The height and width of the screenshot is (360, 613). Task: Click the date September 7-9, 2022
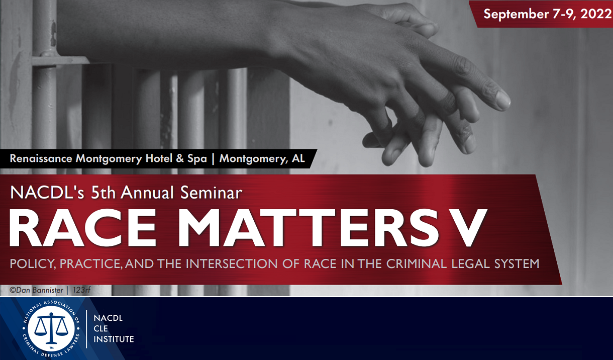547,14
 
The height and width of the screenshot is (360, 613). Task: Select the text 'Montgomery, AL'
262,159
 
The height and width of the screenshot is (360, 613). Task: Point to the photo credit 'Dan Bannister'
38,290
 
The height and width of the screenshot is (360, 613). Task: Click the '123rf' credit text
81,290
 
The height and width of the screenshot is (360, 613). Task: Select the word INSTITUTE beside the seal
114,339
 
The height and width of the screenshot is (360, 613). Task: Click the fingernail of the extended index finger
503,101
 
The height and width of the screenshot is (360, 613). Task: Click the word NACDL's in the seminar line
42,192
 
